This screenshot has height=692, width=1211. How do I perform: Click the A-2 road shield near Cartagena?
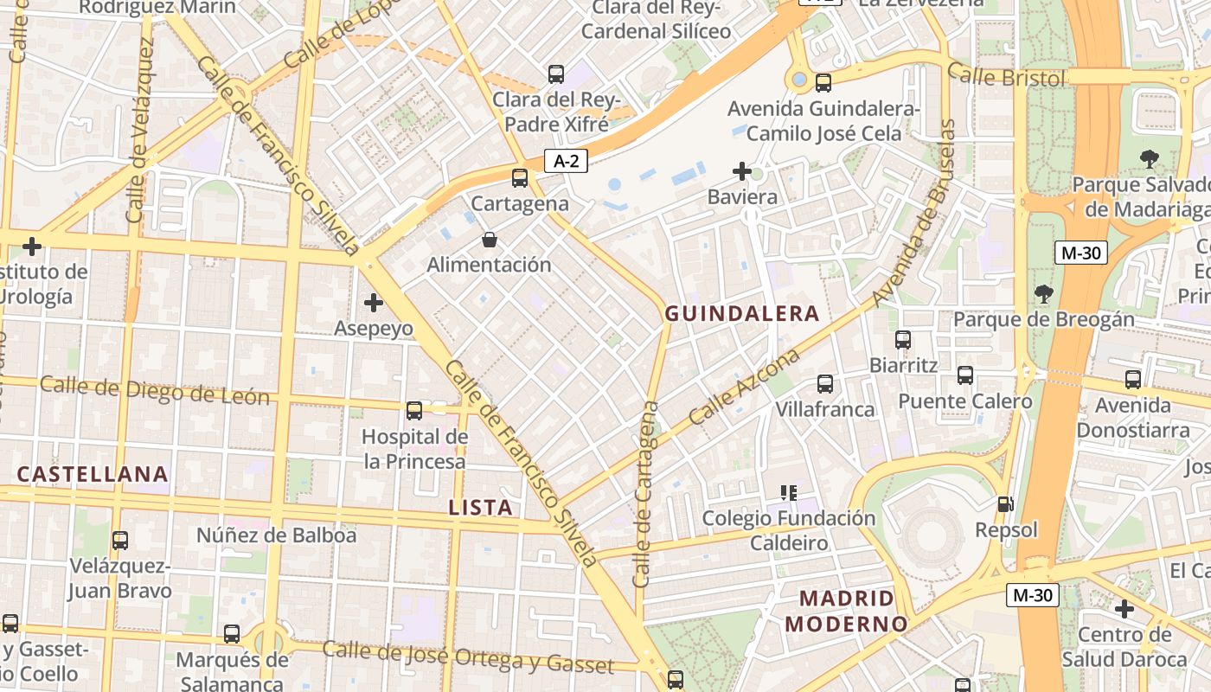[x=565, y=161]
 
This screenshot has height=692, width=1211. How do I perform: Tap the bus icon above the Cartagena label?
[x=519, y=178]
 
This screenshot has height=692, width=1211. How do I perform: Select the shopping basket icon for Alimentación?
[x=489, y=240]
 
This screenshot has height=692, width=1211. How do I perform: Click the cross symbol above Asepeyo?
[x=374, y=303]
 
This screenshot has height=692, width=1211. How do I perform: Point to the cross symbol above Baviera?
[x=741, y=171]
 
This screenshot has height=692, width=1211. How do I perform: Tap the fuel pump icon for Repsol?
[x=1005, y=503]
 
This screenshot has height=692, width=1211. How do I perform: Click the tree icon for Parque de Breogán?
[x=1043, y=294]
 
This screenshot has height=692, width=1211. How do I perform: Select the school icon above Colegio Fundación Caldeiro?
[x=788, y=493]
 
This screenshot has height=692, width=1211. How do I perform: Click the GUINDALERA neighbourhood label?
[x=741, y=314]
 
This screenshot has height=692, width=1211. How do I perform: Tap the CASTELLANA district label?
[x=93, y=474]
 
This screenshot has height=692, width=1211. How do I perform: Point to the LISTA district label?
[x=480, y=508]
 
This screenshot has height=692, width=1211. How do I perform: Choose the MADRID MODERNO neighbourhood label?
[x=847, y=611]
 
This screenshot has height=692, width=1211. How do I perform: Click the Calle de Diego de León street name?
[x=155, y=391]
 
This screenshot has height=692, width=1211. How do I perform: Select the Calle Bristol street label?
[x=1006, y=77]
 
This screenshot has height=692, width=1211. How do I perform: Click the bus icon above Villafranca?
[x=824, y=383]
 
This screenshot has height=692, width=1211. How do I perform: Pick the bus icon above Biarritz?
[x=903, y=340]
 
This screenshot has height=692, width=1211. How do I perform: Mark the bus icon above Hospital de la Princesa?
[x=414, y=411]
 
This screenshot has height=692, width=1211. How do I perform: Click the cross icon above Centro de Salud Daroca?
[x=1124, y=609]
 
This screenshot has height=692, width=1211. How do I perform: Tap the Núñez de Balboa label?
[x=276, y=535]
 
